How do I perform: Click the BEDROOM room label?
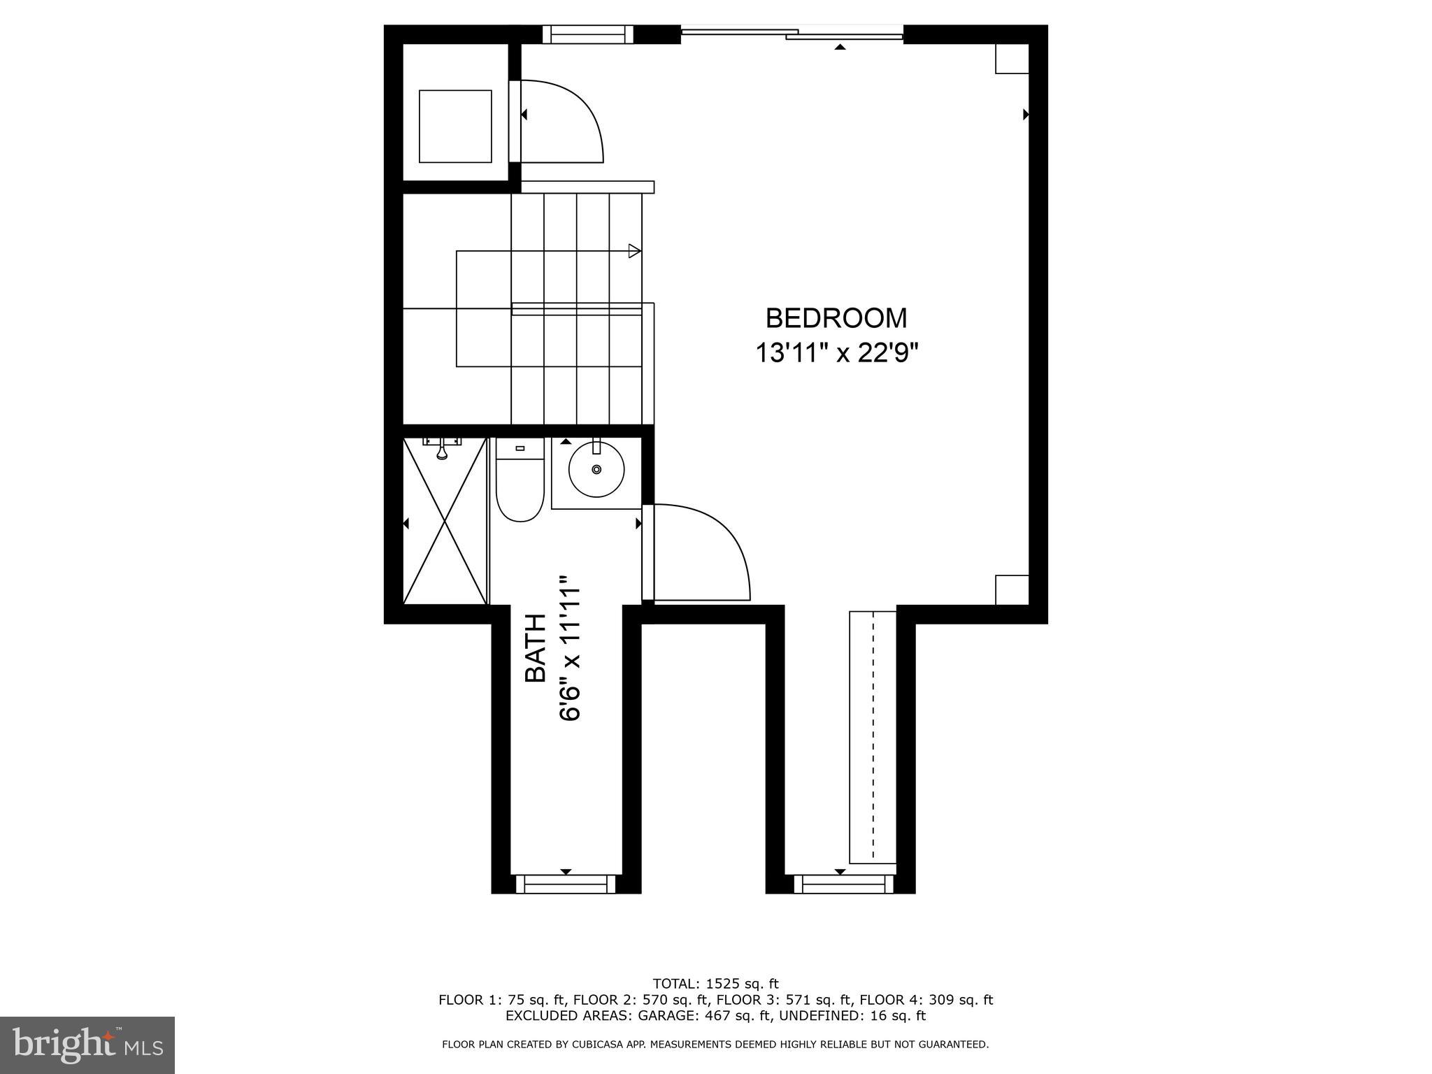(836, 318)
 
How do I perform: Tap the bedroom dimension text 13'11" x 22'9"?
(836, 353)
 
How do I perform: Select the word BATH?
(536, 647)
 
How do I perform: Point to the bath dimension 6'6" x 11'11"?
(571, 648)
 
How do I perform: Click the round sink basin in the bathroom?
(596, 469)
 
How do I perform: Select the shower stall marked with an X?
(445, 521)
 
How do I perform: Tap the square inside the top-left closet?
(454, 126)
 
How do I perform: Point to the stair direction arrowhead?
(634, 250)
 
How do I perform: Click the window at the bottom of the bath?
(566, 884)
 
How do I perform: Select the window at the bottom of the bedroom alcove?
(843, 884)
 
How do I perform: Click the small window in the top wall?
(587, 34)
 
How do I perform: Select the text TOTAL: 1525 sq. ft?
(715, 983)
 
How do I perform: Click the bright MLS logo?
(87, 1045)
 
